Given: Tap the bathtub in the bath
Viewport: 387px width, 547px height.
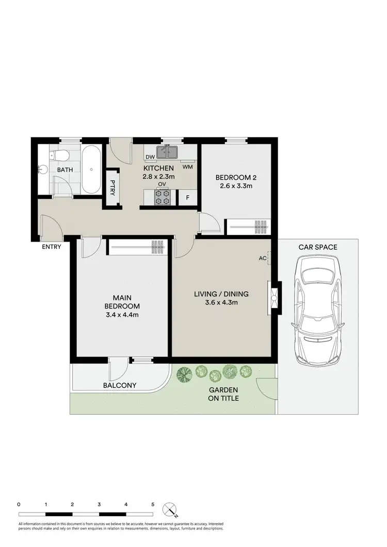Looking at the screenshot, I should [92, 169].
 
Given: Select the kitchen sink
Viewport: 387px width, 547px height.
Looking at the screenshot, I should [168, 152].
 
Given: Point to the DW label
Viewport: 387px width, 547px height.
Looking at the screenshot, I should [150, 158].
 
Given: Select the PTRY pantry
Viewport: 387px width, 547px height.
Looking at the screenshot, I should [112, 189].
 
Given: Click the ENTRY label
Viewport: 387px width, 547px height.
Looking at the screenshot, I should [52, 247].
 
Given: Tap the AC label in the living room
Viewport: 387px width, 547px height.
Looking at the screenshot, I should [262, 259].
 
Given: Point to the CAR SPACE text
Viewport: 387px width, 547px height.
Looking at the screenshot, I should [318, 247].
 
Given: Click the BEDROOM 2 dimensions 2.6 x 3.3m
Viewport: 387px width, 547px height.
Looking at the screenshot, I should [235, 186].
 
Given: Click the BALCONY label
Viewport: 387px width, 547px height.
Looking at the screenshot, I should [120, 385].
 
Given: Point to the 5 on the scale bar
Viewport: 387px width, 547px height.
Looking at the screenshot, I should [153, 504].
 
